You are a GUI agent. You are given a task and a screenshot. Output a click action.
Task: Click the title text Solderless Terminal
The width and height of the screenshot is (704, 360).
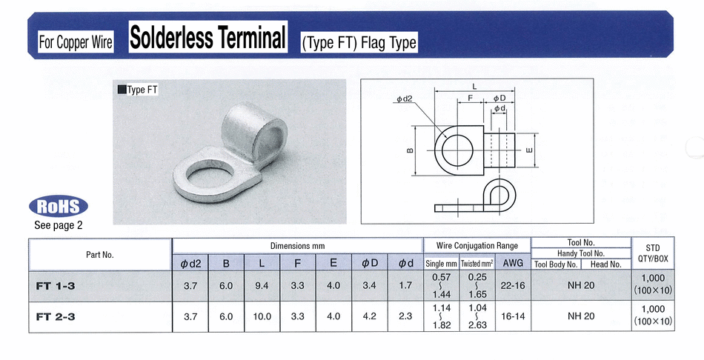(208, 38)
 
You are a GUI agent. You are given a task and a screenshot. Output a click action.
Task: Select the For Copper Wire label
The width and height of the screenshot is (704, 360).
(76, 42)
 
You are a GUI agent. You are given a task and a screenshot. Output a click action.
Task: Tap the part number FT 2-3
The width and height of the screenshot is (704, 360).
(56, 316)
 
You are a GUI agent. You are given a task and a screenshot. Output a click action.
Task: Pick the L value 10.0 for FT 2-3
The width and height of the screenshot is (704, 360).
(262, 316)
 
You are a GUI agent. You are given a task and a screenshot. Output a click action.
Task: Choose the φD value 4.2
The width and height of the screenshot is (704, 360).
(369, 316)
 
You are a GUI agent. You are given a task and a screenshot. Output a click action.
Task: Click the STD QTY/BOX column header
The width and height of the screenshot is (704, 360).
(653, 253)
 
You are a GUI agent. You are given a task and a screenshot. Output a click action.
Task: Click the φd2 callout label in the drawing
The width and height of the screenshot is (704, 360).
(405, 99)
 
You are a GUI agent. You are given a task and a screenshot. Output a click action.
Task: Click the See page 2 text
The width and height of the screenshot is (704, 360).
(59, 225)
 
